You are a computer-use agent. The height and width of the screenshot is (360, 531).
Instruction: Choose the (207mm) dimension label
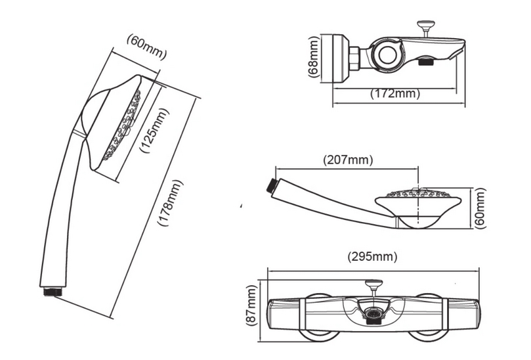[x=347, y=160]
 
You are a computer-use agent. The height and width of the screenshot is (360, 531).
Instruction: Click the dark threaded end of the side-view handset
[x=270, y=184]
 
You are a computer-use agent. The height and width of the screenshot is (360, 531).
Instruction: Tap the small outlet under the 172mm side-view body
[x=425, y=64]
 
